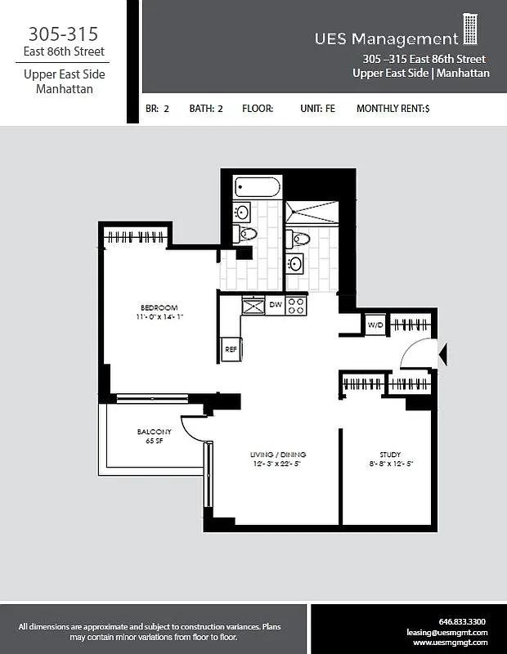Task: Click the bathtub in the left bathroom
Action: click(257, 187)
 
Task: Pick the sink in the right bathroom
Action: click(295, 263)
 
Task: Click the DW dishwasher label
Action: click(276, 306)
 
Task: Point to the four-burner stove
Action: click(297, 306)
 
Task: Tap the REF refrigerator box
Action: click(231, 349)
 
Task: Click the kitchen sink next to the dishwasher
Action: click(253, 306)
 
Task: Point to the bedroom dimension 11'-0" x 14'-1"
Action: click(155, 317)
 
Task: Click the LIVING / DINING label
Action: click(278, 455)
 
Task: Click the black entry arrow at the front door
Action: click(443, 354)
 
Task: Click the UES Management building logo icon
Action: click(470, 29)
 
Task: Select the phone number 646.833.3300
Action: click(462, 621)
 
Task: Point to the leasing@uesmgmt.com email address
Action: click(447, 632)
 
